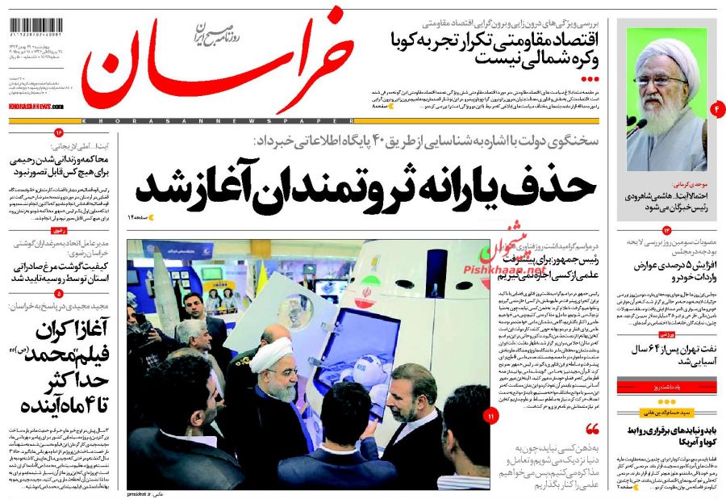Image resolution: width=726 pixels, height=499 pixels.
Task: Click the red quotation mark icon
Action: tap(593, 428)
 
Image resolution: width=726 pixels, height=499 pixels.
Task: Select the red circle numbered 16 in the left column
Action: tap(58, 132)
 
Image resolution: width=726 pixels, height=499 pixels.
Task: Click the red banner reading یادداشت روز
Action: tap(667, 389)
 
